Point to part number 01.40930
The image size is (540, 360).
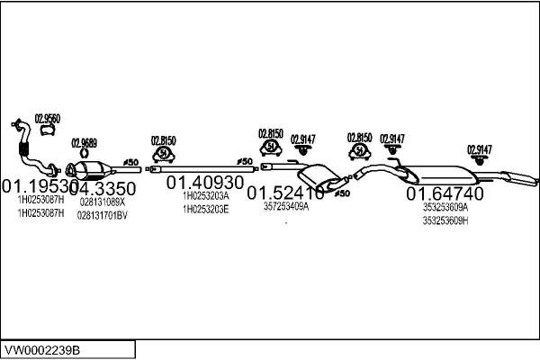204,182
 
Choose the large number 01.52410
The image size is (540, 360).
285,193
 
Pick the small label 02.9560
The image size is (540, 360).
47,118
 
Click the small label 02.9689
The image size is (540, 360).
84,142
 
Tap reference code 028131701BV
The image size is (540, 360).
103,215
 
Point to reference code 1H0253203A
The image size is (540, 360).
205,195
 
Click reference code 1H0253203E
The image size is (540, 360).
205,209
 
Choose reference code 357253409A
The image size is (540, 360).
285,205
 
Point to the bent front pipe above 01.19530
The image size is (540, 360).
32,153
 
